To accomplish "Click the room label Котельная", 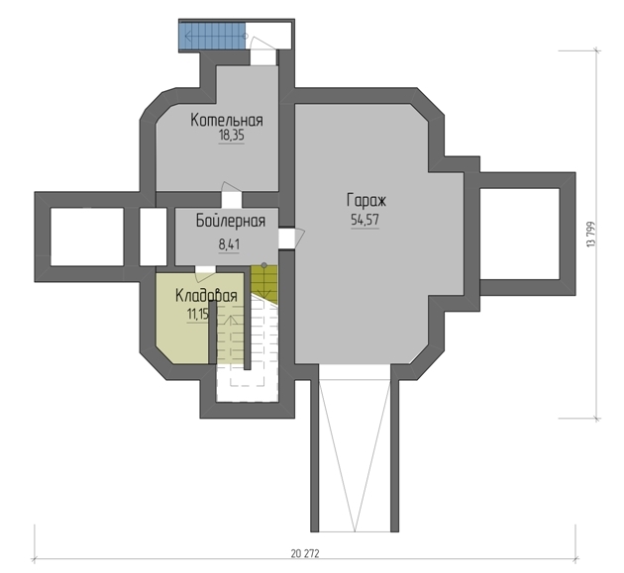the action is tap(227, 120).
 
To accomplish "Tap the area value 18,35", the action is tap(231, 136).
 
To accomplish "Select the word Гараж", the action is tap(366, 201).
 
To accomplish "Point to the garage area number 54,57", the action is tap(364, 220).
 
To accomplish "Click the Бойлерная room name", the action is tap(231, 221).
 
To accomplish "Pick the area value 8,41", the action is tap(229, 244).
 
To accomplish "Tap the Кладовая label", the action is tap(206, 296).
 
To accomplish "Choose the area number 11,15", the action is tap(198, 315).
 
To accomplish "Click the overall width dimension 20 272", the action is tap(305, 553).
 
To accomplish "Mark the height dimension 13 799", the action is tap(591, 235).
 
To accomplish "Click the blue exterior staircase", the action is tap(212, 36).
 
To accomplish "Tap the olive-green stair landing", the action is tap(264, 283).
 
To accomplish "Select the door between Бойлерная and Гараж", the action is tap(291, 238).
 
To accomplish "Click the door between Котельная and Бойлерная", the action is tap(231, 195).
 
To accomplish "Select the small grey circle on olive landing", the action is tap(263, 265).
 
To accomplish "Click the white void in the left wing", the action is tap(87, 237).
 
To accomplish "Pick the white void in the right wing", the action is tap(520, 234).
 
